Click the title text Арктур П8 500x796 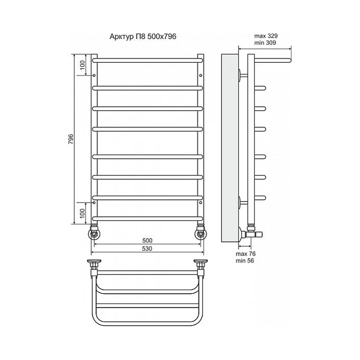(x=143, y=37)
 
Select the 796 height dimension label (x=71, y=139)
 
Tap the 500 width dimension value (x=147, y=240)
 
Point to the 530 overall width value (x=147, y=248)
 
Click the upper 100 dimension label (x=82, y=65)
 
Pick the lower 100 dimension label (x=82, y=213)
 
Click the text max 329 (x=266, y=36)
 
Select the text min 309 (x=265, y=43)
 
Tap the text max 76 (x=245, y=254)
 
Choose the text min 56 (x=245, y=261)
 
